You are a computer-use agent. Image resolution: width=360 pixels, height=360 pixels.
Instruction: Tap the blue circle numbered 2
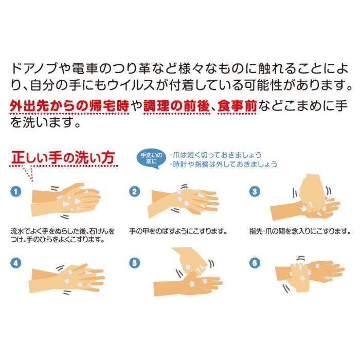tap(135, 191)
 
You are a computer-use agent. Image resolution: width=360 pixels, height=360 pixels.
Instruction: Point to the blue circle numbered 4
tap(16, 263)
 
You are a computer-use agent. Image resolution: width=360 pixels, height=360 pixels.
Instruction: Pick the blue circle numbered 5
tap(135, 263)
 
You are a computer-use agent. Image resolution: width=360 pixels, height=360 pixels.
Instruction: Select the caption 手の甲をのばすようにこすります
tap(178, 231)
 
